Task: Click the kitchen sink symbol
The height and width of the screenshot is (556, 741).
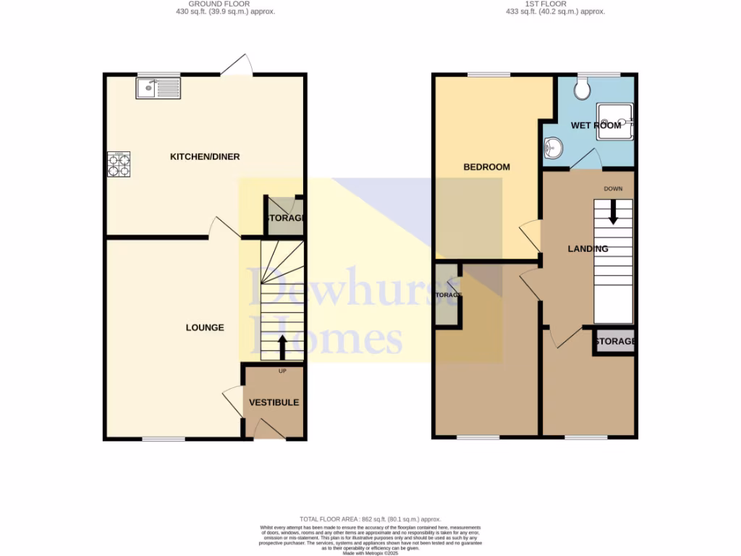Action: point(157,88)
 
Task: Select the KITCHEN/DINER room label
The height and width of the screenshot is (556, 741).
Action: point(205,157)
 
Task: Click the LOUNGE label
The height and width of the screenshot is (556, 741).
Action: point(205,328)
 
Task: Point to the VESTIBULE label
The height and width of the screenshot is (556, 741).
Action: point(274,403)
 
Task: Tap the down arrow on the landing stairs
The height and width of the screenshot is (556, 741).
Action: point(613,211)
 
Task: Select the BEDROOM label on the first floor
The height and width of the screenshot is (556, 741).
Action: point(486,167)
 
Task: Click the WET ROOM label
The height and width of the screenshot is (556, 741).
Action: point(596,125)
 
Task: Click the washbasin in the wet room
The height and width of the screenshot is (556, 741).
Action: point(554,148)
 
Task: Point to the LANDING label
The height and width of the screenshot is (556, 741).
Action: point(588,249)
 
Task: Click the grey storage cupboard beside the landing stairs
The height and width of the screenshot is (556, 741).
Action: point(614,341)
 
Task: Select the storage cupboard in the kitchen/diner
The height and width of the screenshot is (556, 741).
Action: point(284,218)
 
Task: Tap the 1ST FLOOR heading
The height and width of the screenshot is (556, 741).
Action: point(555,4)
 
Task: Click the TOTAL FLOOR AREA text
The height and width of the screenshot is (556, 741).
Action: point(370,519)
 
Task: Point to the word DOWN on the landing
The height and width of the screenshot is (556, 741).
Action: point(613,189)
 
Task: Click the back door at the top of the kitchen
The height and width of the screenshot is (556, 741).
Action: point(237,67)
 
